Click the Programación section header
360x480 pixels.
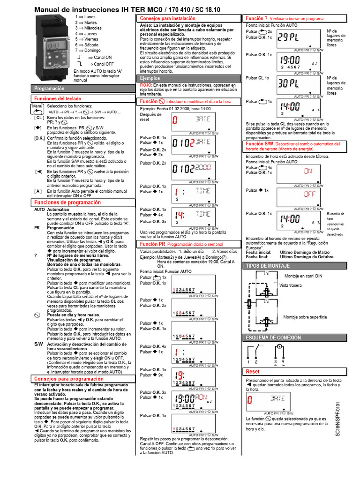pos(49,88)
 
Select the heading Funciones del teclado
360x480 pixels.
pos(57,98)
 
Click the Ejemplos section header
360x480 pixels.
pos(150,78)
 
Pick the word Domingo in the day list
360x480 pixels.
pos(92,50)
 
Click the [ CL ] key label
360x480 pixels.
pos(38,118)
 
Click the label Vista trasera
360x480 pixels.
pos(291,285)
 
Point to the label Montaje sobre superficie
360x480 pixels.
pos(305,317)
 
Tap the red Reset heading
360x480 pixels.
pos(253,371)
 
